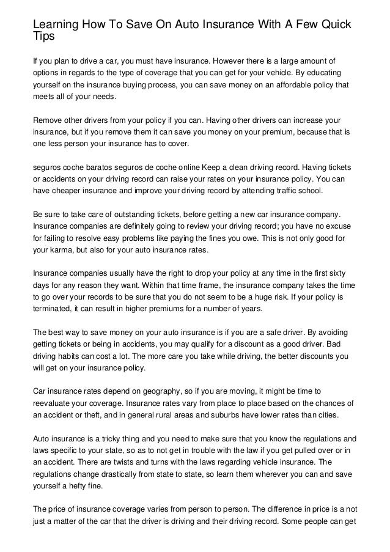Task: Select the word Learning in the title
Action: click(x=57, y=23)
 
